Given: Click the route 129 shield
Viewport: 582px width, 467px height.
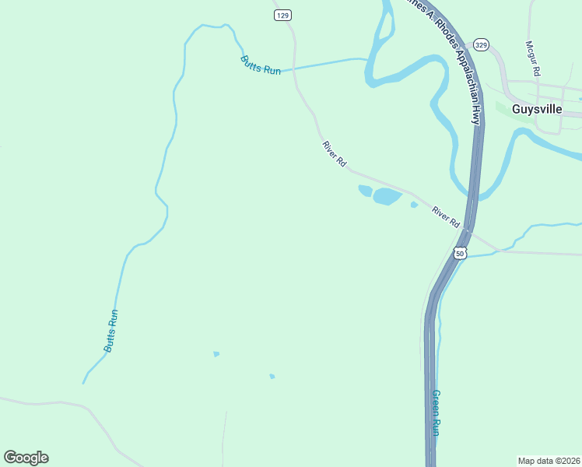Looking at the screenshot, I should tap(282, 16).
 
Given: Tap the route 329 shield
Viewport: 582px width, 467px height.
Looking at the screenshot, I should tap(482, 45).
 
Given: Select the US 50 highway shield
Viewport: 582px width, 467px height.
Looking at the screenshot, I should tap(460, 254).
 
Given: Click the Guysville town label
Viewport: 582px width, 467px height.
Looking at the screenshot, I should tap(537, 110).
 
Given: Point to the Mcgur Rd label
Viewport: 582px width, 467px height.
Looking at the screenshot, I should tap(533, 58).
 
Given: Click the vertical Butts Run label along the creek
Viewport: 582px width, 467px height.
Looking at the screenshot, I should tap(112, 331).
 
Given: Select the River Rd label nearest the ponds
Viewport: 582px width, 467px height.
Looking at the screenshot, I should tap(335, 153).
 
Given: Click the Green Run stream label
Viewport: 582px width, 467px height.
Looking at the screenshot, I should tap(436, 412).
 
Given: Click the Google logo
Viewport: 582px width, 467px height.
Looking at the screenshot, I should tap(26, 458).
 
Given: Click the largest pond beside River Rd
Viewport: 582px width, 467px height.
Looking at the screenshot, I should tap(387, 196).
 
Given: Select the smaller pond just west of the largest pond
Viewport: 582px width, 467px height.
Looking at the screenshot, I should tap(364, 190).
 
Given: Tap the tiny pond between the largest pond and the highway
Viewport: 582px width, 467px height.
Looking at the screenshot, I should tap(414, 205).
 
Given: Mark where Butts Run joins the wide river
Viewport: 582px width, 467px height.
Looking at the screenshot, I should tap(367, 60).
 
